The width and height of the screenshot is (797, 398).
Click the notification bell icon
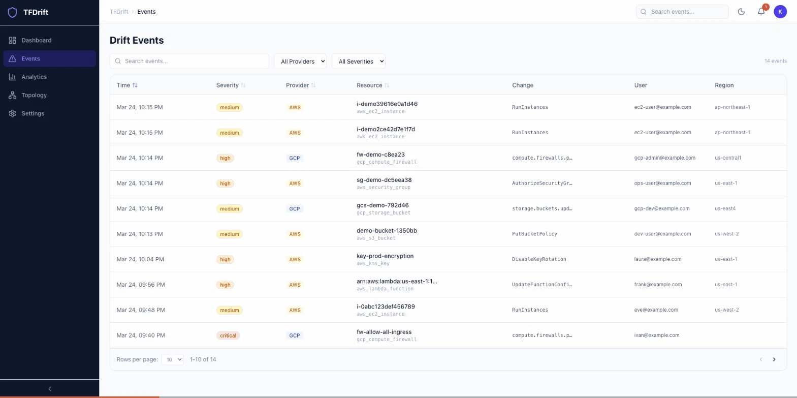tap(761, 12)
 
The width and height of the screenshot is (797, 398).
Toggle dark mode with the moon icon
tap(741, 12)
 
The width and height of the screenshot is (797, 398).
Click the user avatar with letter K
tap(780, 12)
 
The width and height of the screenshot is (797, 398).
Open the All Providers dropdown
tap(300, 61)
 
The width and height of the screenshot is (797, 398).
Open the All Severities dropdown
tap(358, 61)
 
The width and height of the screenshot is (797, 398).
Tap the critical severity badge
tap(228, 335)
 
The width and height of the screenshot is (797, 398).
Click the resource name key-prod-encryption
tap(385, 256)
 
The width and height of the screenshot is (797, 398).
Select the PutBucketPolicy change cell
tap(534, 234)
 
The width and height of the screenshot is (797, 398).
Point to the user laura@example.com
tap(657, 259)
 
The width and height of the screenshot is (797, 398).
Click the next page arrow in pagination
tap(774, 359)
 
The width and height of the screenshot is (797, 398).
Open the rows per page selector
tap(173, 359)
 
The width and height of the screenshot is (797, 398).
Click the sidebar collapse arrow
tap(49, 389)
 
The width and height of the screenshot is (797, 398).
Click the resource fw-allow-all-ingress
tap(384, 332)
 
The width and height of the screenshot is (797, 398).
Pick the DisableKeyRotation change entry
tap(539, 259)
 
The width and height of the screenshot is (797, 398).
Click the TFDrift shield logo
tap(13, 12)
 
